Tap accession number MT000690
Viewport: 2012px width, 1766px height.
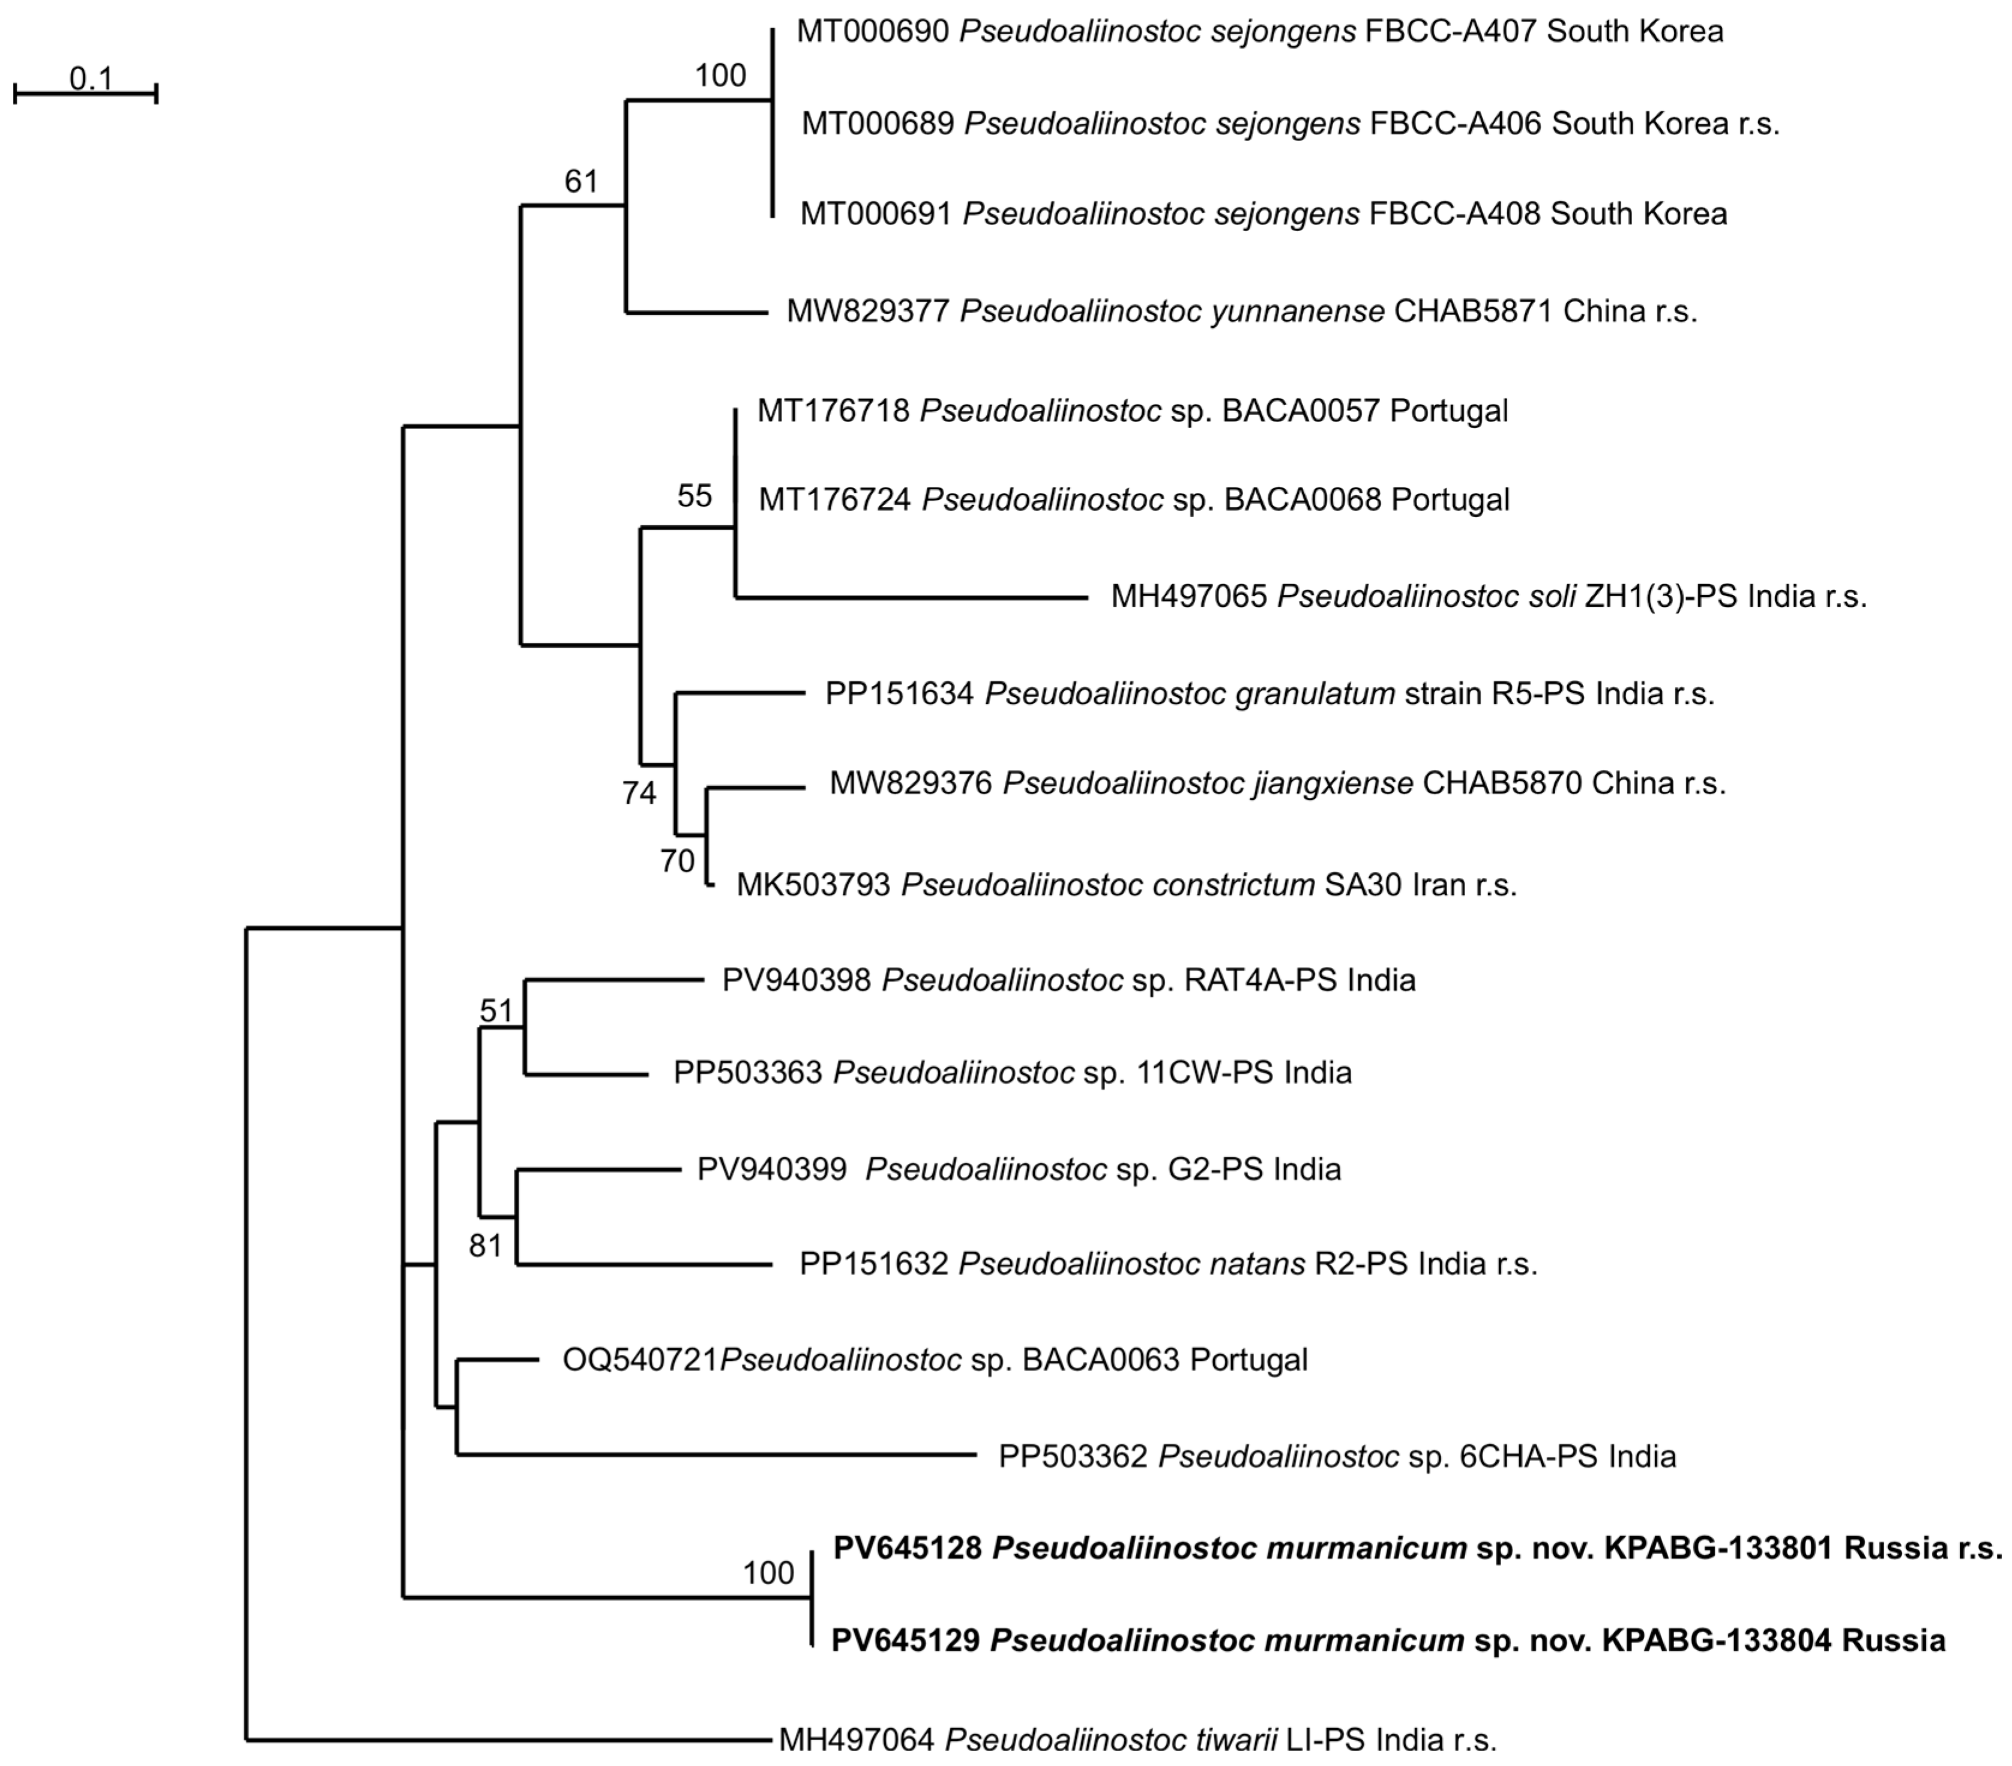[872, 31]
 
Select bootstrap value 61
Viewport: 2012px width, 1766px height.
[581, 181]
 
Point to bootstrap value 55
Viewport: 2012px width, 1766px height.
[694, 496]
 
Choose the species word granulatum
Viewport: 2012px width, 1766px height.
[1189, 694]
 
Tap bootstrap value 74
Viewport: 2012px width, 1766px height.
[639, 792]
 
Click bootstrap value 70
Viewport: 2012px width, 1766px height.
[677, 861]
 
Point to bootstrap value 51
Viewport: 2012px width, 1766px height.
[497, 1010]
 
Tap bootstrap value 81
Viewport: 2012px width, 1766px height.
[485, 1246]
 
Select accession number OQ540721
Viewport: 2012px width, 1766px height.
[640, 1360]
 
